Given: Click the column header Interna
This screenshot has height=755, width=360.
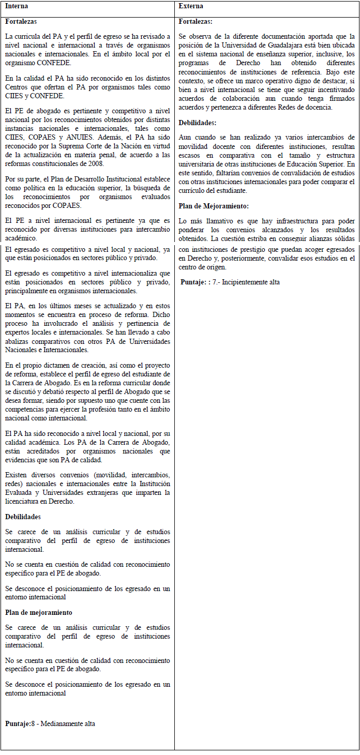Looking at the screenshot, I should (16, 6).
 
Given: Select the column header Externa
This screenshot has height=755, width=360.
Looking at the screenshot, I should (191, 6).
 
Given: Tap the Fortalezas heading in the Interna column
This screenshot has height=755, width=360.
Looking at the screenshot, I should (21, 22).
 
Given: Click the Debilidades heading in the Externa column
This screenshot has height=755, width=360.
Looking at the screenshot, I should (198, 123).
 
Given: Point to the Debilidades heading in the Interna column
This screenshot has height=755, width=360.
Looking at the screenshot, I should (23, 517).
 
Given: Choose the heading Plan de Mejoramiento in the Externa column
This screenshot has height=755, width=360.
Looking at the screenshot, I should (213, 206).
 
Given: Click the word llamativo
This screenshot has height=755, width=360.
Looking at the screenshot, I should (216, 221).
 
